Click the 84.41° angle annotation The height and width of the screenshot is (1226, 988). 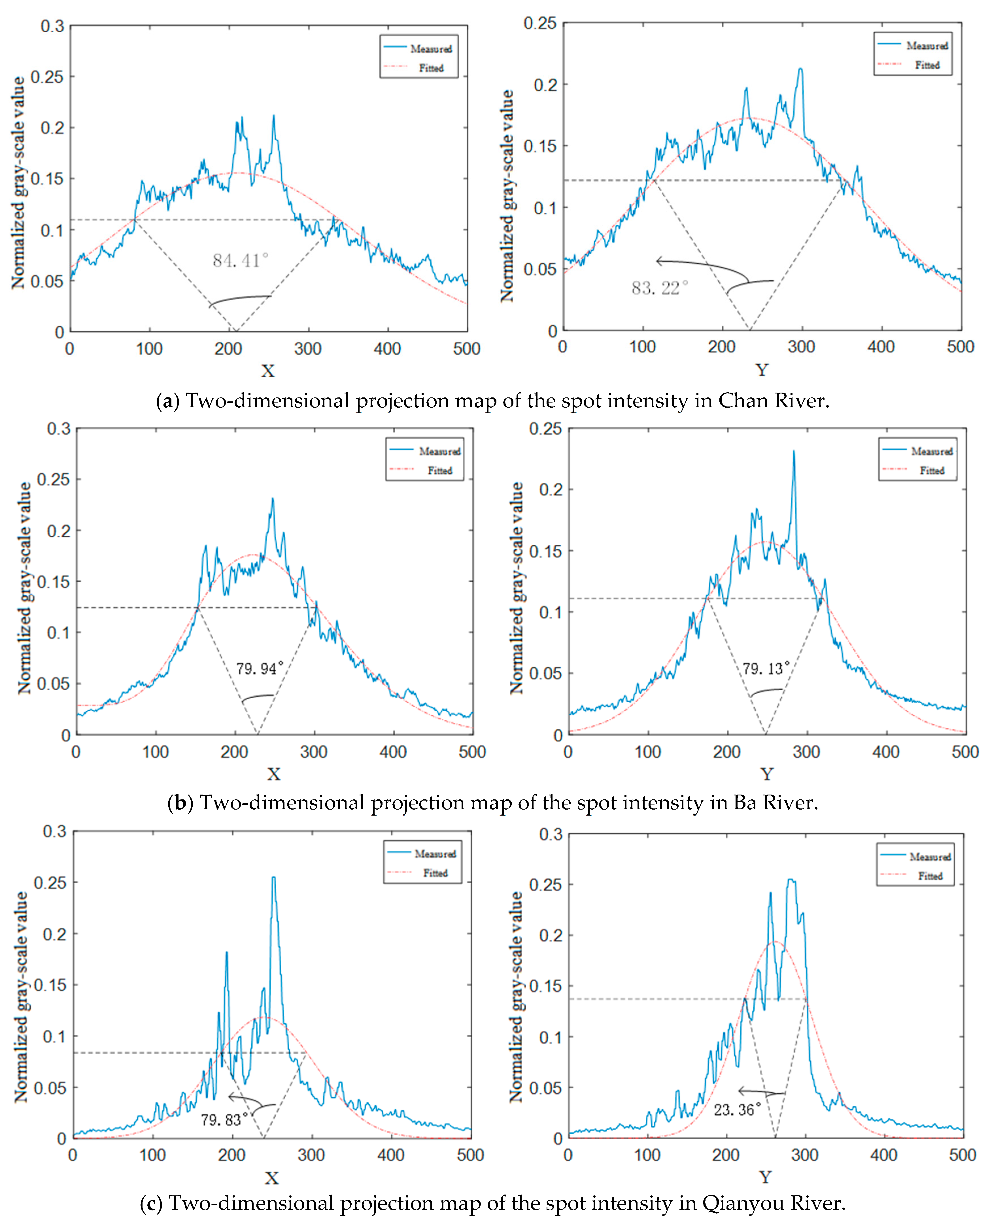(240, 261)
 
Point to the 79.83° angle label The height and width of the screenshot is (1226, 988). (224, 1119)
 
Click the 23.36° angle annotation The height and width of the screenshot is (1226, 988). (738, 1109)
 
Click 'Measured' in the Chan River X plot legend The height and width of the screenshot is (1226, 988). (431, 49)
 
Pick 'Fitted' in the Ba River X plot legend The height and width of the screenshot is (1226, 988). (440, 471)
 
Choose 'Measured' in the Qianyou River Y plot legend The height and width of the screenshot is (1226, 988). (930, 857)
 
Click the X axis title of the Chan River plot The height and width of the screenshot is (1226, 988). (267, 371)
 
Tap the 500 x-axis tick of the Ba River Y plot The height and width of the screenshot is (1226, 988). (965, 752)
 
